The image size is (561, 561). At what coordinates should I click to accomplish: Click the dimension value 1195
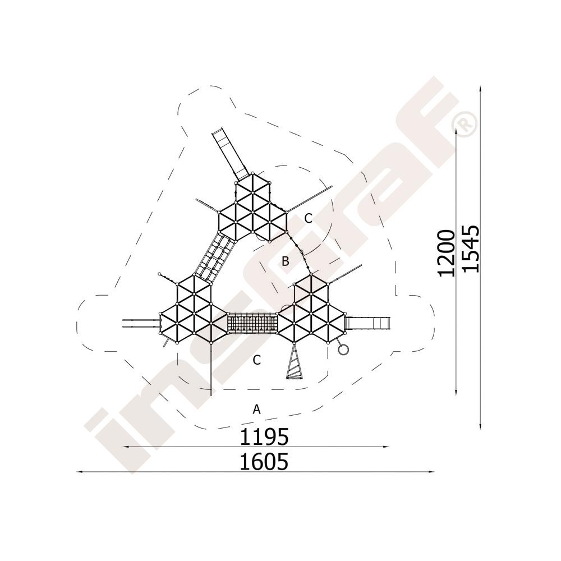(x=264, y=436)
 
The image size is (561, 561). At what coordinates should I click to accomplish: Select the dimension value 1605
(x=264, y=462)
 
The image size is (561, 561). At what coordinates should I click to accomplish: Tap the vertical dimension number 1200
(x=447, y=254)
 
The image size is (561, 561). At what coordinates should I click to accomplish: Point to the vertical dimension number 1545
(x=470, y=249)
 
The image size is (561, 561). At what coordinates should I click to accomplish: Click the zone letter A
(x=256, y=409)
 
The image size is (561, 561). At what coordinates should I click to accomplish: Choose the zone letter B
(x=285, y=261)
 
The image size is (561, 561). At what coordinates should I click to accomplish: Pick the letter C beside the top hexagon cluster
(x=309, y=218)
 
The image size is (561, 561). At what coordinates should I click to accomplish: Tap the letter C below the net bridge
(x=256, y=360)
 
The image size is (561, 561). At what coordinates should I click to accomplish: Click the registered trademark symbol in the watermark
(x=465, y=124)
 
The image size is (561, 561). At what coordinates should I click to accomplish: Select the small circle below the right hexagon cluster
(x=343, y=349)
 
